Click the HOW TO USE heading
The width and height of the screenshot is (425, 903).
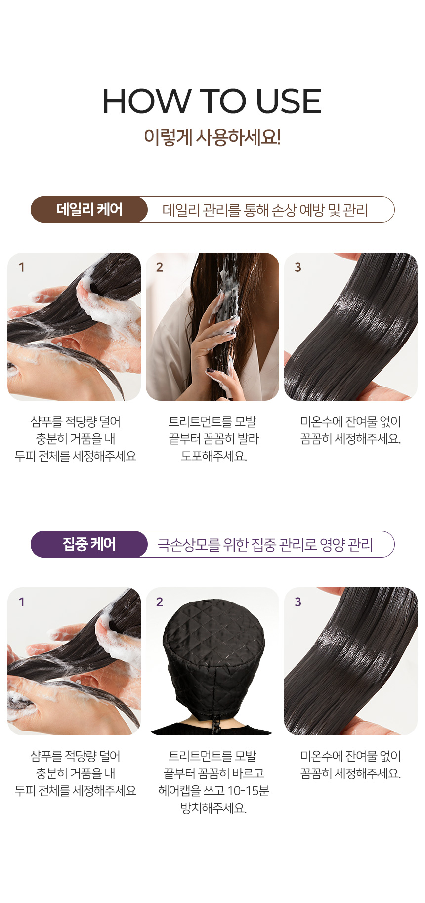[212, 101]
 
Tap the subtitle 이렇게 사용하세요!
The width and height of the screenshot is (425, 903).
[212, 137]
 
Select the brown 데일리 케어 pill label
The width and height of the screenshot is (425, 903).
[89, 210]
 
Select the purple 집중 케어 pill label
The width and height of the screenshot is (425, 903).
[89, 544]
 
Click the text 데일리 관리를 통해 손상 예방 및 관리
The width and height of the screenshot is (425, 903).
[265, 210]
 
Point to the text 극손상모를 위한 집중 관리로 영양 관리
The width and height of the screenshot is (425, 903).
[265, 545]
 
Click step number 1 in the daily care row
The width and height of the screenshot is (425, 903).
[21, 267]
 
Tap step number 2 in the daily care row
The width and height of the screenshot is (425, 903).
[159, 267]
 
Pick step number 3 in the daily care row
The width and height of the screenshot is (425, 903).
[297, 267]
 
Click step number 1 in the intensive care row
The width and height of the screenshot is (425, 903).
[21, 602]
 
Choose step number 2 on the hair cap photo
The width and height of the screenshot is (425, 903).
[159, 602]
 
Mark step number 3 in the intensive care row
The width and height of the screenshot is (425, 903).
[297, 602]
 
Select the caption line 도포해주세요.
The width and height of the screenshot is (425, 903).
[213, 456]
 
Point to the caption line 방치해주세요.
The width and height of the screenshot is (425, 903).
[213, 808]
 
